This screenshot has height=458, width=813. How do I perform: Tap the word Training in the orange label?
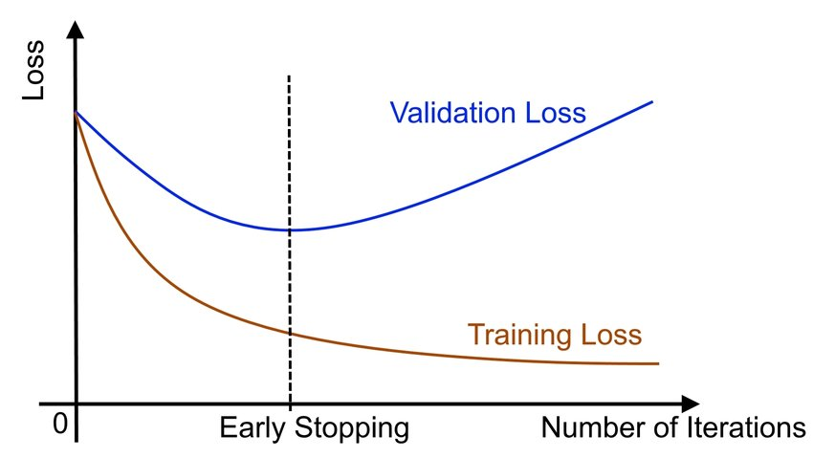coord(521,336)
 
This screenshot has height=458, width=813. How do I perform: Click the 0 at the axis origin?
coord(61,424)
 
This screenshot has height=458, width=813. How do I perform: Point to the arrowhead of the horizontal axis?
coord(689,403)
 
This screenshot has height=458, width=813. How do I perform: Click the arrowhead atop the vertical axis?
coord(76,29)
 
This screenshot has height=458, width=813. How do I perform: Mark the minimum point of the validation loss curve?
coord(289,229)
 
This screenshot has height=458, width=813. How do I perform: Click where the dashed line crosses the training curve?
coord(289,333)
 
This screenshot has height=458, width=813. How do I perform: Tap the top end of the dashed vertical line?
coord(289,74)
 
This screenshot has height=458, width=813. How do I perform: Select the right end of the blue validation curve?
coord(652,101)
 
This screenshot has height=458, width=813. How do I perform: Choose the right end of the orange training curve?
coord(658,363)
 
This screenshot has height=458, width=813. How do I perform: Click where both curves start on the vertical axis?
coord(76,112)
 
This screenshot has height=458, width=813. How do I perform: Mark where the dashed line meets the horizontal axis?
coord(289,403)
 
